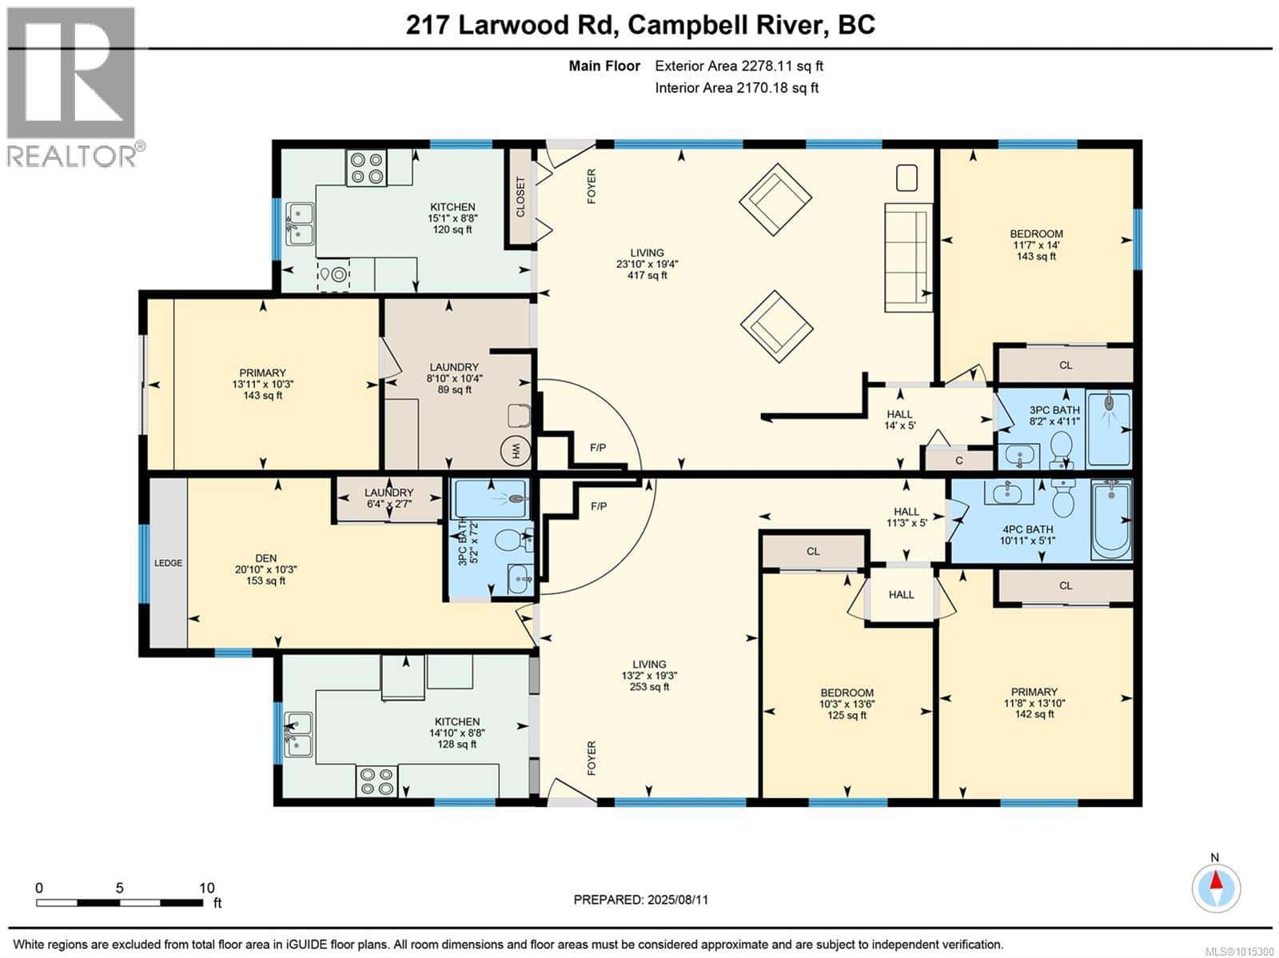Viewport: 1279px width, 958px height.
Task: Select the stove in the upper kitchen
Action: [367, 168]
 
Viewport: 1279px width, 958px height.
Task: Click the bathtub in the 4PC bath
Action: [1111, 520]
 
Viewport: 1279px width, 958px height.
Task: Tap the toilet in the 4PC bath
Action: [1063, 501]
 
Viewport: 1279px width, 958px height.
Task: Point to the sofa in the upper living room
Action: [907, 257]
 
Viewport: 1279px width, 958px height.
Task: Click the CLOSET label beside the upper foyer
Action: [520, 197]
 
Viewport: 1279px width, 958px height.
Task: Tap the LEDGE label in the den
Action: [168, 563]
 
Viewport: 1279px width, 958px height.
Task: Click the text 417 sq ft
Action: [647, 275]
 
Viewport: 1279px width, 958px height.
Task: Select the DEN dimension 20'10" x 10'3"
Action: [265, 569]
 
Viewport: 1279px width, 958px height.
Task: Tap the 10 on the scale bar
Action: [206, 888]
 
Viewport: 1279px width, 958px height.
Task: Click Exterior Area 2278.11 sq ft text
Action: [739, 66]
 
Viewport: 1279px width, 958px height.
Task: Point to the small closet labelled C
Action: [958, 461]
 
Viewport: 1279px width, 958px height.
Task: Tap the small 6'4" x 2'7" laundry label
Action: [388, 504]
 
